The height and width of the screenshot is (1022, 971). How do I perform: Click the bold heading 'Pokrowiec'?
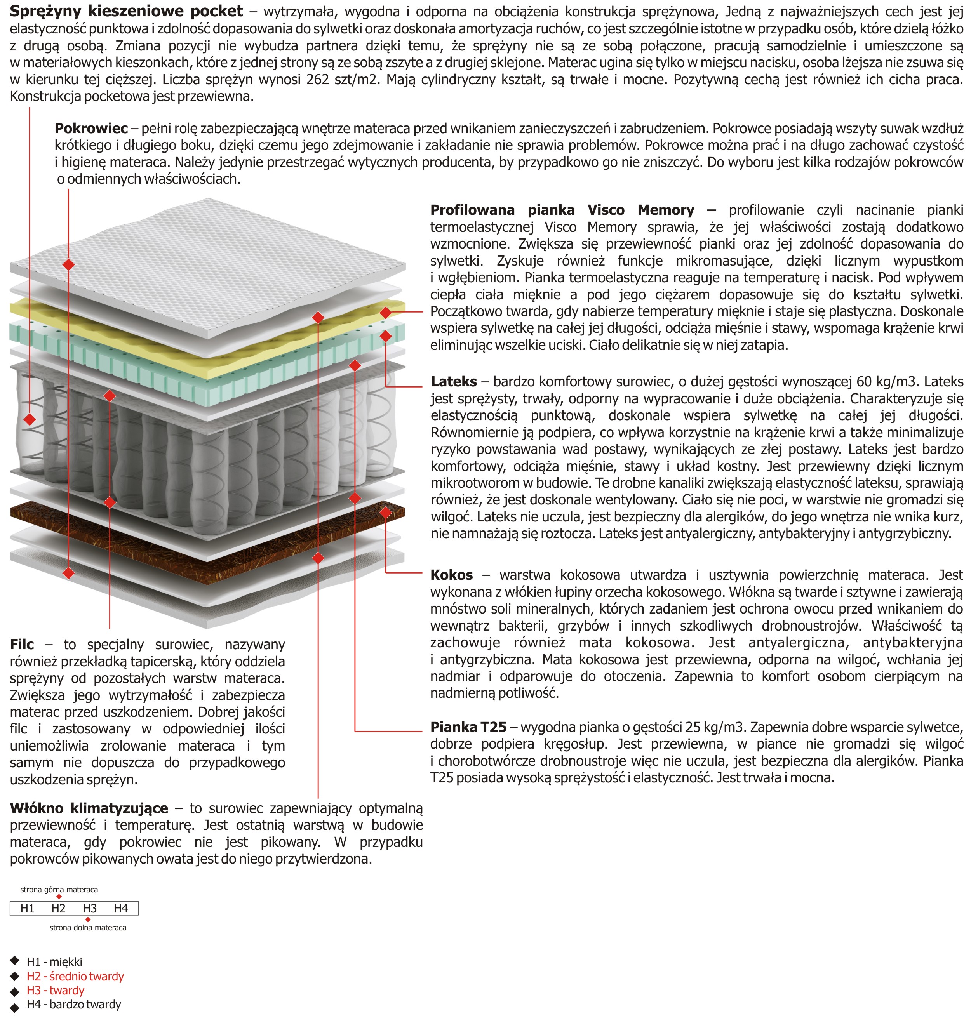coord(91,128)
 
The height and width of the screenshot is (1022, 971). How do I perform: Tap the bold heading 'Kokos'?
coord(451,575)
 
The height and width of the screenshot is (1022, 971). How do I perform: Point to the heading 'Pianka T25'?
coord(468,727)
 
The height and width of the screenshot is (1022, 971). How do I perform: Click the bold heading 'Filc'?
coord(22,644)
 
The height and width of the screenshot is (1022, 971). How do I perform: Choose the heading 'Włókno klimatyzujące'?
coord(89,808)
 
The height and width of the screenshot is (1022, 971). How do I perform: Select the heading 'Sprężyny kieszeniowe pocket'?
coord(126,11)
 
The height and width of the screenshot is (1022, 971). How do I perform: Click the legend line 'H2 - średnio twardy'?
coord(75,977)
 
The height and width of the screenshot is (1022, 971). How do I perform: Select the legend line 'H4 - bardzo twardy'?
coord(73,1005)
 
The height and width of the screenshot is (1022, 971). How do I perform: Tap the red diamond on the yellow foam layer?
coord(386,313)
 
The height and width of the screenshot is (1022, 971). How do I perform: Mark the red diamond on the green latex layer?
coord(386,336)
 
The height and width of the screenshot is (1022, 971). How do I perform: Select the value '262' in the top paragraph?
coord(318,80)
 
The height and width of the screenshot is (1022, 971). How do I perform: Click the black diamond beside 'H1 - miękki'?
coord(14,961)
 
